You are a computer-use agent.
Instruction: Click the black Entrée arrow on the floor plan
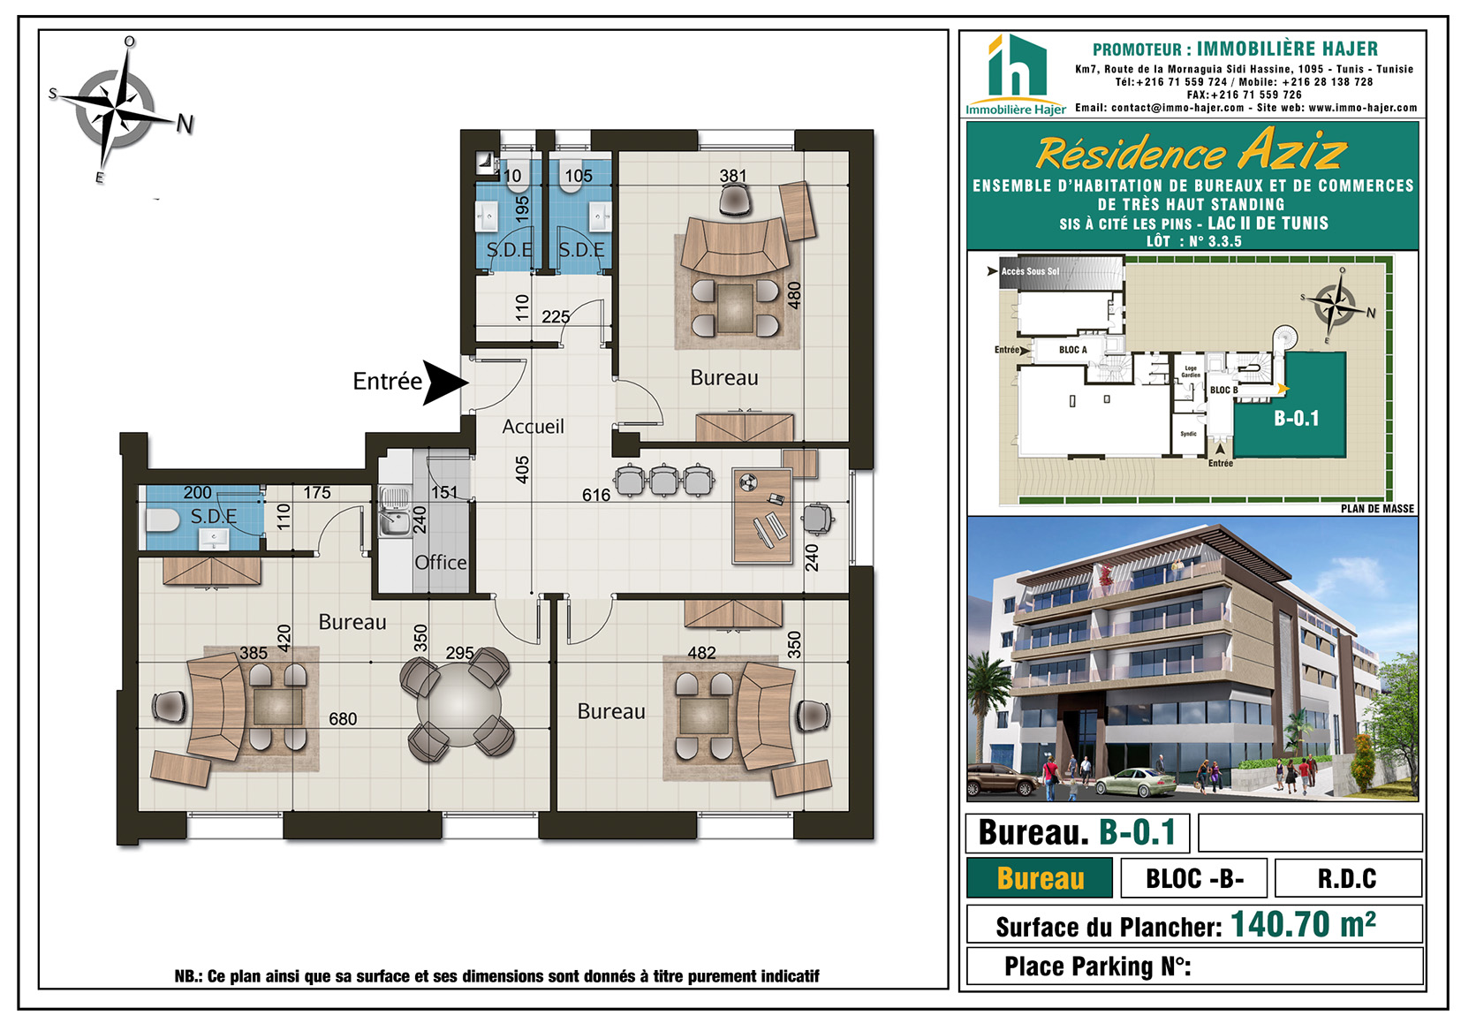point(445,383)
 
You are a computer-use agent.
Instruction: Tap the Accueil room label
point(533,427)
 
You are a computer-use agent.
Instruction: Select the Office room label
point(441,563)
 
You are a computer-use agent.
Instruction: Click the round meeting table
point(459,705)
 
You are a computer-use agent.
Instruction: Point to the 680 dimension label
point(343,719)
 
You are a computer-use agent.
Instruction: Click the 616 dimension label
point(596,496)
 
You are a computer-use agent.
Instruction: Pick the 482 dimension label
point(702,653)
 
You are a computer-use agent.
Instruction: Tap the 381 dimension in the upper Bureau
point(733,176)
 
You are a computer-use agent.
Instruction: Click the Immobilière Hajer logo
point(1016,76)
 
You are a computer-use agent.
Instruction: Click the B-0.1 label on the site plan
point(1297,418)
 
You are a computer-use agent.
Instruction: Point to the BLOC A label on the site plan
point(1073,350)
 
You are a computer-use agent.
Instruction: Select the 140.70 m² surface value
point(1303,924)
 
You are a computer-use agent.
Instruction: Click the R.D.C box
point(1348,878)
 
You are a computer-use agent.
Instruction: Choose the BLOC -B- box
point(1193,878)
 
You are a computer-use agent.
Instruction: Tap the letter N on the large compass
point(185,124)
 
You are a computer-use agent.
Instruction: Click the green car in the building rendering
point(1136,783)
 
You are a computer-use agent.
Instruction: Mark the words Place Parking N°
point(1098,967)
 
